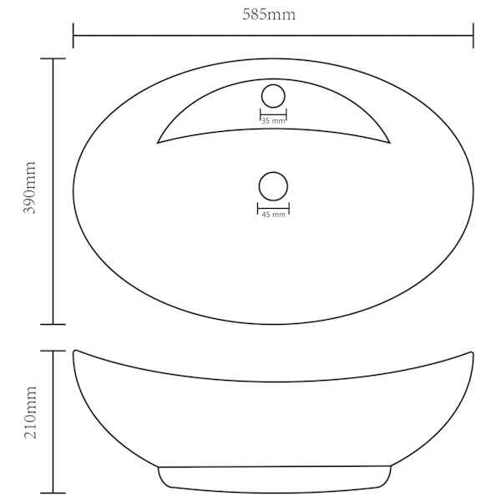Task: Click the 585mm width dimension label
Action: pos(269,15)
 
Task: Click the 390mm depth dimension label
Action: pos(29,188)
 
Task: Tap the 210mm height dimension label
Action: pos(31,412)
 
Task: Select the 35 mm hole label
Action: pos(273,121)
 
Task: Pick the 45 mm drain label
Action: pos(274,215)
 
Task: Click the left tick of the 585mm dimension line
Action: pos(73,35)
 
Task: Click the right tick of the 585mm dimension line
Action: pos(473,35)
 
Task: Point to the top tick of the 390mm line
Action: pos(53,58)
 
